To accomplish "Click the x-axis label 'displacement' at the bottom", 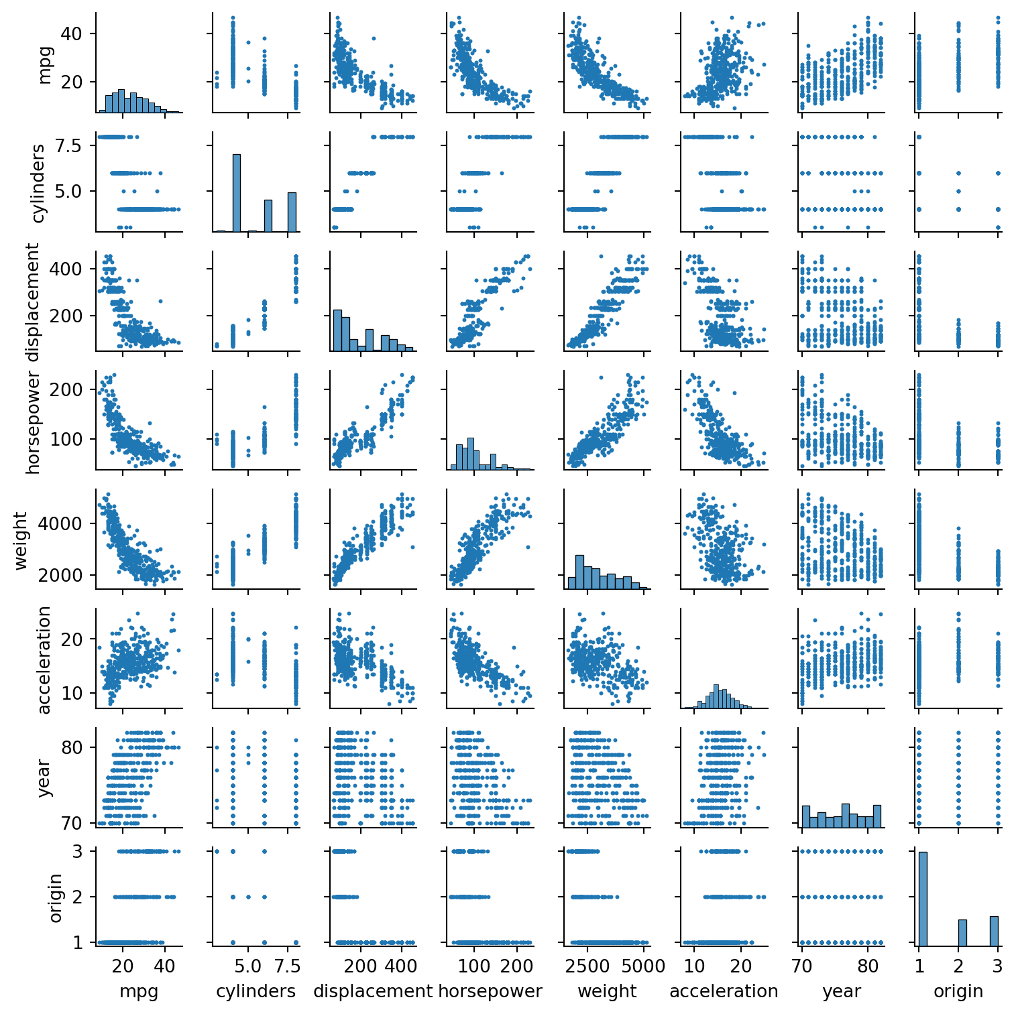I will pyautogui.click(x=373, y=991).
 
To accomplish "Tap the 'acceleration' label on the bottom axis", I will pyautogui.click(x=724, y=991).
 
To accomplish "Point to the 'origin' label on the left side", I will pyautogui.click(x=55, y=897).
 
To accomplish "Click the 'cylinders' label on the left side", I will pyautogui.click(x=38, y=182).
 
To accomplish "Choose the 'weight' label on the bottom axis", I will pyautogui.click(x=607, y=991).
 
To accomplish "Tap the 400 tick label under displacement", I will pyautogui.click(x=402, y=966).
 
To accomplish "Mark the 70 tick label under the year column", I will pyautogui.click(x=803, y=966).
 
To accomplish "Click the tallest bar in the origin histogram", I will pyautogui.click(x=923, y=898).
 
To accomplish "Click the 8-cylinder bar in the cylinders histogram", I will pyautogui.click(x=292, y=212).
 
